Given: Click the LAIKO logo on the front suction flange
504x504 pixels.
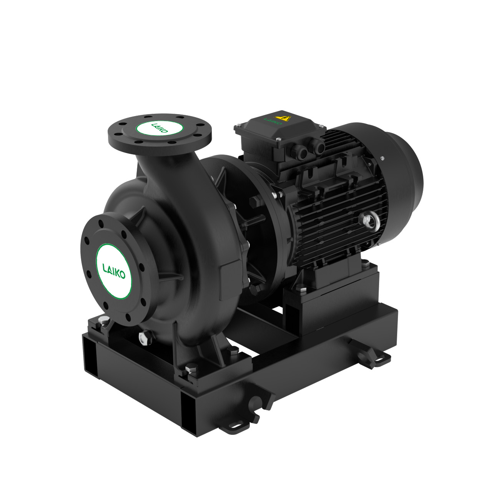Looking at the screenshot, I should [114, 270].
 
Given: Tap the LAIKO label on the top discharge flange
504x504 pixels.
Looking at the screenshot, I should [160, 127].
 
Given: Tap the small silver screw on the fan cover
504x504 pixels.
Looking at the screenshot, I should [382, 158].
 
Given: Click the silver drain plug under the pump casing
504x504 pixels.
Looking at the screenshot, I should [143, 339].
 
